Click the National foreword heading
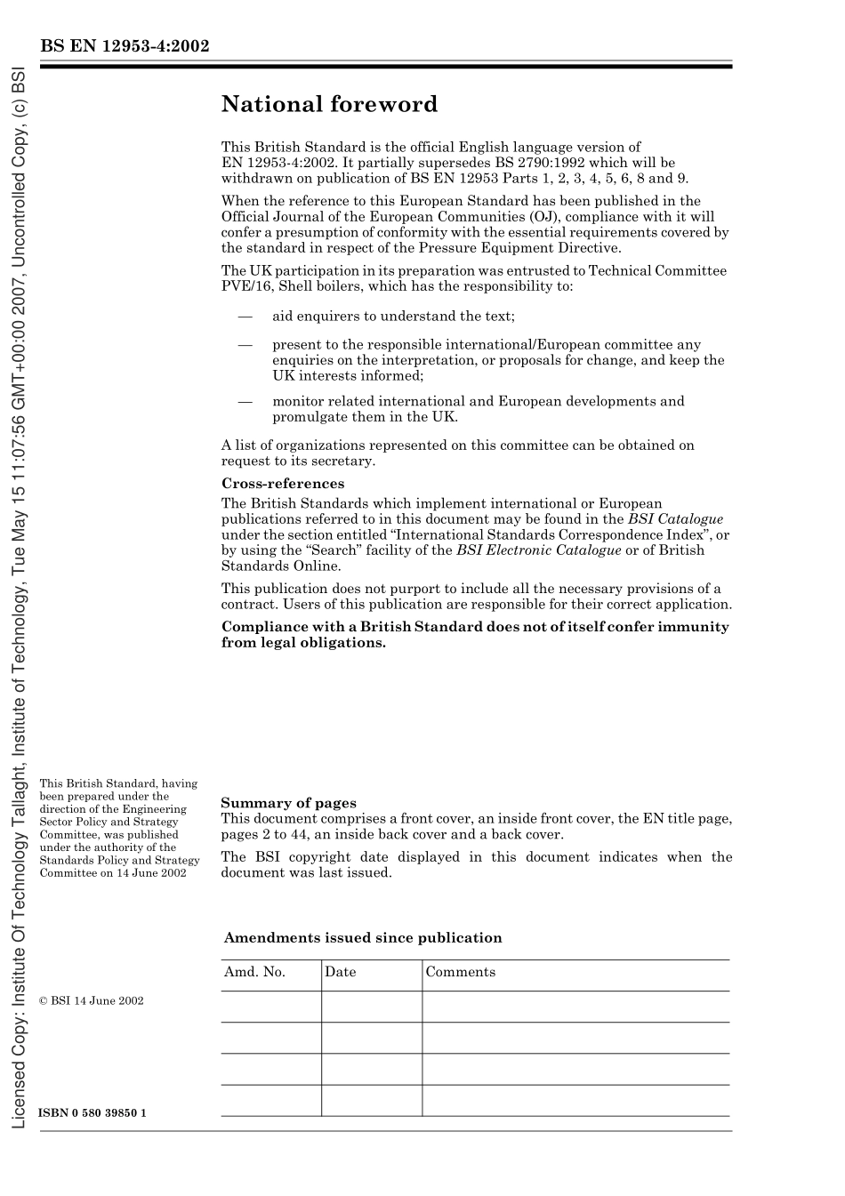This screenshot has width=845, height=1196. pyautogui.click(x=329, y=105)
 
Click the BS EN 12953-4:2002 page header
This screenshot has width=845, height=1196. pyautogui.click(x=125, y=46)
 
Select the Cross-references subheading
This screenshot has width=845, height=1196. pyautogui.click(x=283, y=484)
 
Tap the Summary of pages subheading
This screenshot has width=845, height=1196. pyautogui.click(x=288, y=803)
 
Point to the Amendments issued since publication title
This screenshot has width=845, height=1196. pyautogui.click(x=363, y=938)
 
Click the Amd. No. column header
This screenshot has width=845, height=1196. pyautogui.click(x=254, y=972)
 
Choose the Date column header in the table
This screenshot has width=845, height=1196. pyautogui.click(x=340, y=972)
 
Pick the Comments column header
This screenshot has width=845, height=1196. pyautogui.click(x=460, y=972)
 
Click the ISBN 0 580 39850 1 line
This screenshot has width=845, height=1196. pyautogui.click(x=93, y=1113)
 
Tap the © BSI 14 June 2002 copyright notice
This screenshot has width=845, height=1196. pyautogui.click(x=92, y=1000)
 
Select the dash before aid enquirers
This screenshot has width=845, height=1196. pyautogui.click(x=245, y=317)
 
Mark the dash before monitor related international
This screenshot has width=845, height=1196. pyautogui.click(x=245, y=401)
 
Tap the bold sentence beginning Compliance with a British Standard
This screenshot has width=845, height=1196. pyautogui.click(x=475, y=634)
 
